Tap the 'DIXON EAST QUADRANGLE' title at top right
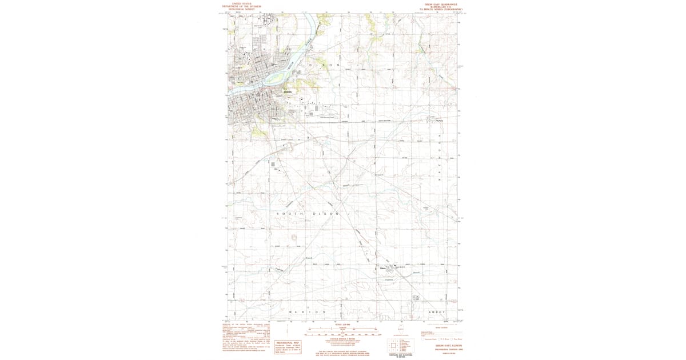click(440, 3)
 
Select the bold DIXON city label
click(288, 92)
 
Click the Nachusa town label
click(440, 120)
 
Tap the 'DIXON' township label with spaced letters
click(324, 66)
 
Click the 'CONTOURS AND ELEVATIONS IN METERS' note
click(400, 355)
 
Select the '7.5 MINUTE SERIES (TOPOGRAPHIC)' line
click(440, 10)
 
